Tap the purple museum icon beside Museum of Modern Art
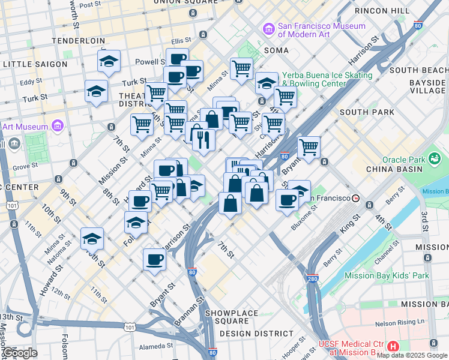[x=268, y=28]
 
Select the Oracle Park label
[x=404, y=159]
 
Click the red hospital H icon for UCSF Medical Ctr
[x=393, y=347]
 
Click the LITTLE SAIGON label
[x=35, y=64]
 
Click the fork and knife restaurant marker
[x=203, y=139]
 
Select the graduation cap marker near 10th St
[x=92, y=238]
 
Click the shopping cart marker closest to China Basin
[x=309, y=147]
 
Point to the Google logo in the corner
[x=20, y=353]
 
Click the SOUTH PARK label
[x=367, y=112]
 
